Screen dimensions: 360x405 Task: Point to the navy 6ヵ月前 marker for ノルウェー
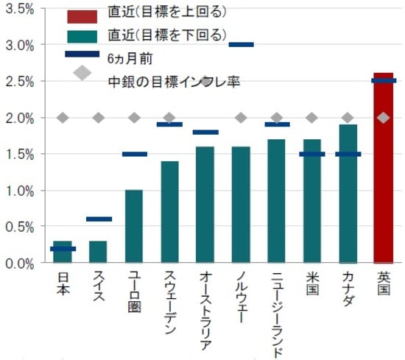241,45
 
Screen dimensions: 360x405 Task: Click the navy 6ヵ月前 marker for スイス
99,219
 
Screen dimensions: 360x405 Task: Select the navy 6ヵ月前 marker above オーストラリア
205,133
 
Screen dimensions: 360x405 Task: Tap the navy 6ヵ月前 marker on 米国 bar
311,154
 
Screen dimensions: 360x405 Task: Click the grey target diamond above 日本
63,118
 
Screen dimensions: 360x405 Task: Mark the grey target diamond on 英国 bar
383,118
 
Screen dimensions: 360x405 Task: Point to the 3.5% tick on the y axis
20,9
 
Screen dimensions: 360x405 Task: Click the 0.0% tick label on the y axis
20,263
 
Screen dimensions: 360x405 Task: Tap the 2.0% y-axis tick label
20,118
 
